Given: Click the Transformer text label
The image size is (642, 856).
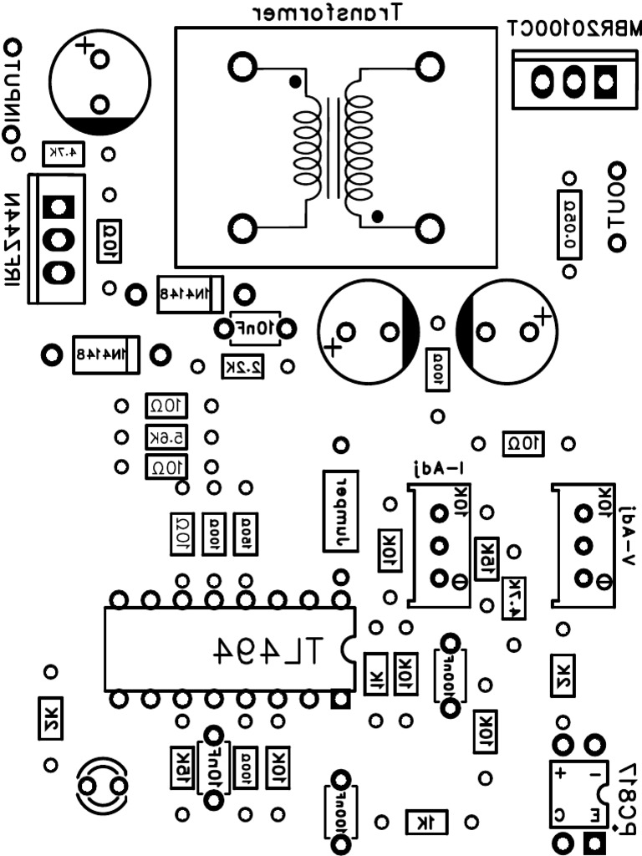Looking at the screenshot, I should click(329, 12).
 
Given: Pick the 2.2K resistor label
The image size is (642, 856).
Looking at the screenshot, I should click(243, 366).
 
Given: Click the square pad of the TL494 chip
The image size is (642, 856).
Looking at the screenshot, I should click(339, 698).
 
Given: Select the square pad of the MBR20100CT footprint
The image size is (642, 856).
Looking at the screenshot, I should click(605, 81).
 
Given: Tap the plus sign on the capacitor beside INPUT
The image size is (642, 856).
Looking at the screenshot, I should click(82, 44).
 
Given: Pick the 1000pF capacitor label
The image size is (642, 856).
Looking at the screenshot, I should click(340, 810).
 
